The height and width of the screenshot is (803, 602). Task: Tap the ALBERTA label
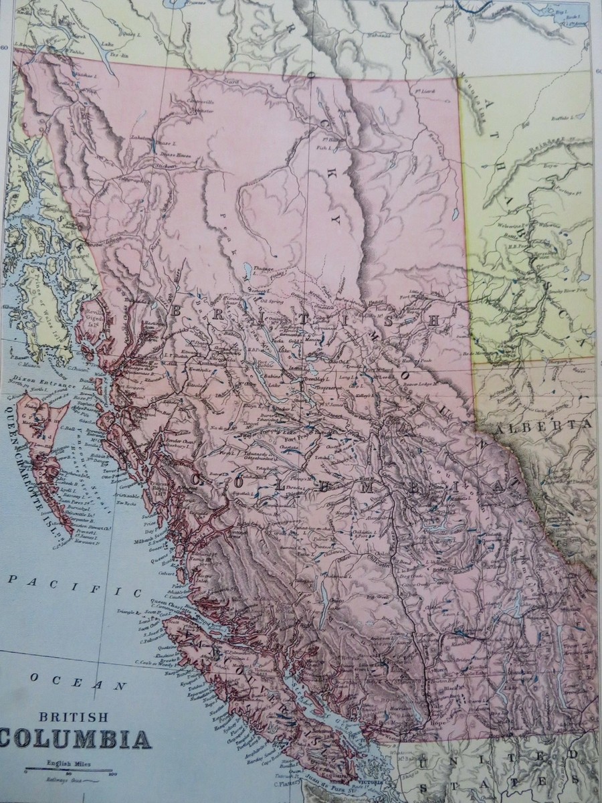point(550,425)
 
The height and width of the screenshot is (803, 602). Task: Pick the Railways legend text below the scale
point(56,780)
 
